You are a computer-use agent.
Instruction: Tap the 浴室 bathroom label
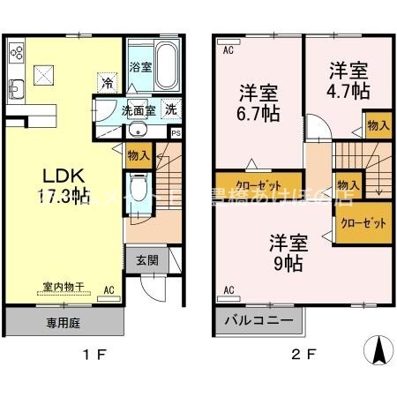pyautogui.click(x=139, y=66)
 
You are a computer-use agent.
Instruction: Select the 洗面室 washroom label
pyautogui.click(x=139, y=111)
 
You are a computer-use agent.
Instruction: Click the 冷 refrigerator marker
pyautogui.click(x=107, y=84)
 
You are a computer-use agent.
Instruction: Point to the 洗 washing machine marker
pyautogui.click(x=171, y=111)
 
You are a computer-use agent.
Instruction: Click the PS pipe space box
pyautogui.click(x=176, y=133)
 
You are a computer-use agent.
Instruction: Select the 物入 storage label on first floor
pyautogui.click(x=139, y=156)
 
